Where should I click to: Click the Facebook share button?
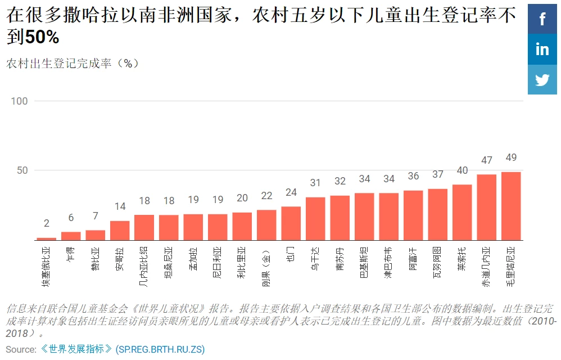pos(542,19)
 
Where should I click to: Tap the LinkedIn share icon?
pos(542,49)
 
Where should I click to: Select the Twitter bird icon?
pos(542,80)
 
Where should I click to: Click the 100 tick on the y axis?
pos(19,101)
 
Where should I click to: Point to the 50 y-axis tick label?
pos(21,170)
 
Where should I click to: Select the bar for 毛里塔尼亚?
pos(511,206)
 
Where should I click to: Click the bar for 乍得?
pos(71,236)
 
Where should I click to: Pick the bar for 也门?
pos(291,223)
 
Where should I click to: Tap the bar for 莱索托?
pos(462,212)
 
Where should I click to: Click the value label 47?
pos(487,160)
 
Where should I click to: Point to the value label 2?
pos(47,223)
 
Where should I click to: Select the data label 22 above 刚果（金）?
pos(266,196)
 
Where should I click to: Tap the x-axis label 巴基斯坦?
pos(364,263)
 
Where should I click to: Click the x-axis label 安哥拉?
pos(120,260)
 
